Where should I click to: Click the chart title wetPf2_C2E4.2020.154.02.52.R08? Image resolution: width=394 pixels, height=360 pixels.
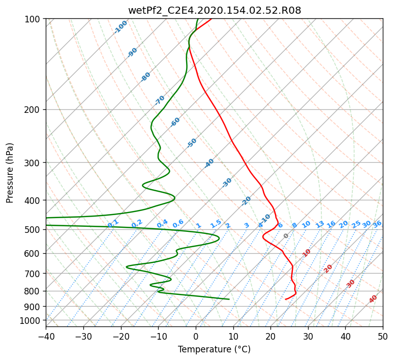tap(215, 11)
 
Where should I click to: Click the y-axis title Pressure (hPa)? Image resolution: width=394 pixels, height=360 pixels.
tap(10, 173)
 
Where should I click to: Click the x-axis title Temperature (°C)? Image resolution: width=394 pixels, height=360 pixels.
tap(215, 349)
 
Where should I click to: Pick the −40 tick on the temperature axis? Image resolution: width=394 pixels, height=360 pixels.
tap(46, 336)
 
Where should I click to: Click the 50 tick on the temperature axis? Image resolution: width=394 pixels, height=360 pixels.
tap(383, 336)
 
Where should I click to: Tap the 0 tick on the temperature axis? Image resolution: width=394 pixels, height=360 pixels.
tap(196, 336)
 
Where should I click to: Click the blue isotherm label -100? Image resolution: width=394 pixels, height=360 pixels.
tap(121, 27)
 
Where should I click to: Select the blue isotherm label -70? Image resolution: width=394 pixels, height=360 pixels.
tap(160, 100)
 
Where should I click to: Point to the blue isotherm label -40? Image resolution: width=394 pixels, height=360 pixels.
tap(209, 163)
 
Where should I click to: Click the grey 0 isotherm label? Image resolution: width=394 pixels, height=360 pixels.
tap(286, 236)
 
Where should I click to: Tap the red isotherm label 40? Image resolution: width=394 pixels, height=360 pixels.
tap(373, 299)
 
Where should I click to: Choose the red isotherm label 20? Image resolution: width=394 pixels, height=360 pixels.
tap(328, 269)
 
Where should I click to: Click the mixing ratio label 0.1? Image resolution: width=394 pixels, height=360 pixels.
tap(113, 223)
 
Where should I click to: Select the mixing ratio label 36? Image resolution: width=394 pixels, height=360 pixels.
tap(377, 224)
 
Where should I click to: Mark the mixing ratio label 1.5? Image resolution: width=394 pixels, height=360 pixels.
tap(216, 224)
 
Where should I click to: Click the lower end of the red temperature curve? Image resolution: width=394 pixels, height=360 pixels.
tap(285, 299)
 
